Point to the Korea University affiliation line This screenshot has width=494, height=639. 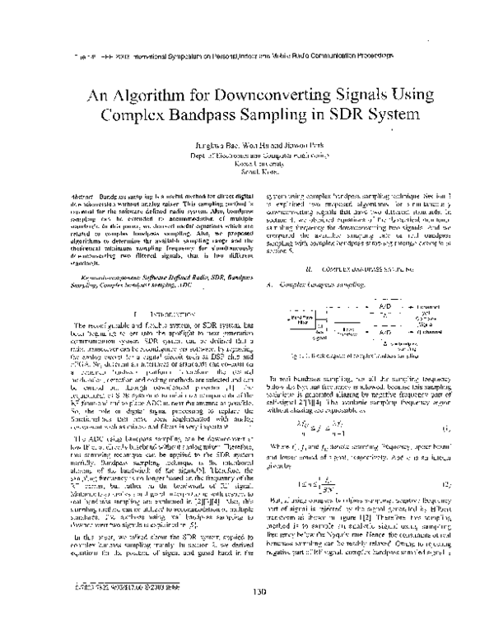[x=247, y=162]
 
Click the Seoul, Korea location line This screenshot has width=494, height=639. [x=247, y=170]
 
